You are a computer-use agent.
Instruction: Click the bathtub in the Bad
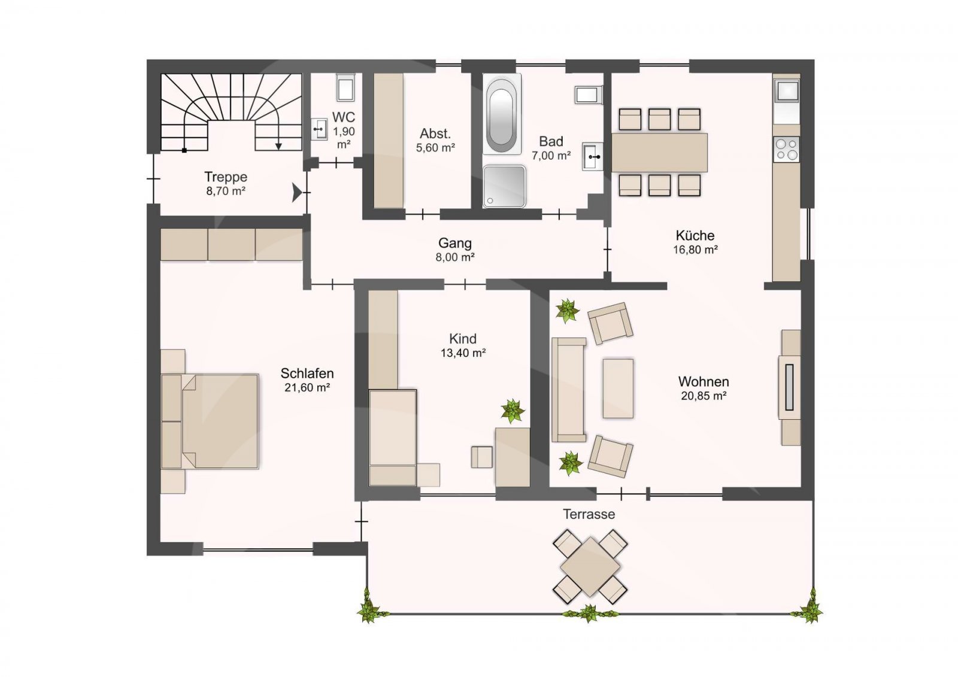point(502,114)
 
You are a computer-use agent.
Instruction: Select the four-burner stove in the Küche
point(787,149)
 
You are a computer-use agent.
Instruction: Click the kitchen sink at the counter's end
point(787,91)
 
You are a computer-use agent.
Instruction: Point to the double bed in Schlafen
point(210,421)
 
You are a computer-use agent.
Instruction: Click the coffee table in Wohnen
point(618,388)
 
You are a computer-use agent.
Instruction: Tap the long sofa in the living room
point(569,390)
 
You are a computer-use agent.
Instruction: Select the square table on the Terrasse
point(590,567)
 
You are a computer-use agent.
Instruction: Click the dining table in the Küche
point(659,152)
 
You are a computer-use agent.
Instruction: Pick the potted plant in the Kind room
point(513,411)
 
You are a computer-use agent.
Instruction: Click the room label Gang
point(454,243)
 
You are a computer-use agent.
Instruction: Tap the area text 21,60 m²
point(307,387)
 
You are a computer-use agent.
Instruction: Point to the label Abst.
point(435,133)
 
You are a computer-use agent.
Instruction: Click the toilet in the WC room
point(345,87)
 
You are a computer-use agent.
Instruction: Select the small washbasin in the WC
point(319,129)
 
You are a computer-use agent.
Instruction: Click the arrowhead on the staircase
point(278,146)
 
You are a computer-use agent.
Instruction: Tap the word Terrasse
point(589,514)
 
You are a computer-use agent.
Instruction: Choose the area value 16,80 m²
point(695,250)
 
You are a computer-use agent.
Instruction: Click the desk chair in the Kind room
point(482,457)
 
